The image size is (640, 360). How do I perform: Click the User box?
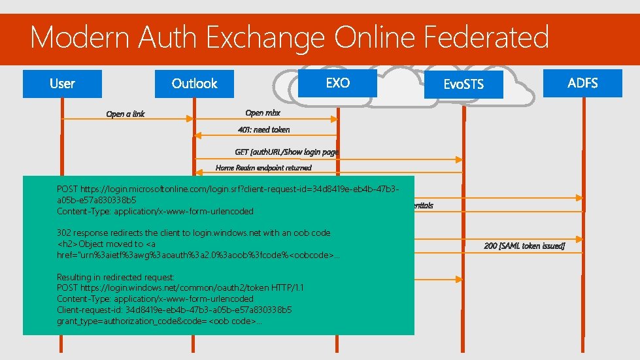pyautogui.click(x=62, y=84)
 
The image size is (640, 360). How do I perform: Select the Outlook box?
pyautogui.click(x=194, y=84)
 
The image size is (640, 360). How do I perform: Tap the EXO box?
pyautogui.click(x=337, y=83)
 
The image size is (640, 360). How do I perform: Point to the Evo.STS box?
pyautogui.click(x=463, y=85)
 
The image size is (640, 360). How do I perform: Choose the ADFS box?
pyautogui.click(x=582, y=83)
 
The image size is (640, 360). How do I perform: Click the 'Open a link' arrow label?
pyautogui.click(x=126, y=114)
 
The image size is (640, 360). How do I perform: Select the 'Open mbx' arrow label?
pyautogui.click(x=263, y=113)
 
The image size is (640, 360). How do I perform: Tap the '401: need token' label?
pyautogui.click(x=264, y=129)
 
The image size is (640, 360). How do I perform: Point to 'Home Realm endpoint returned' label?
pyautogui.click(x=263, y=168)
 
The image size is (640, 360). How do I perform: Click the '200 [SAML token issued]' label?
pyautogui.click(x=524, y=246)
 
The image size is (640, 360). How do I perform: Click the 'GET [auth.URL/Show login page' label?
pyautogui.click(x=287, y=152)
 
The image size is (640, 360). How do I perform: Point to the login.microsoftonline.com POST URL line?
pyautogui.click(x=228, y=188)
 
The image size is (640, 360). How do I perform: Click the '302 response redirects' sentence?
pyautogui.click(x=194, y=233)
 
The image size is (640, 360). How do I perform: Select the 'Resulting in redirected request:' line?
pyautogui.click(x=116, y=277)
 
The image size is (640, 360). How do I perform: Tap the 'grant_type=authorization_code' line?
pyautogui.click(x=160, y=321)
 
